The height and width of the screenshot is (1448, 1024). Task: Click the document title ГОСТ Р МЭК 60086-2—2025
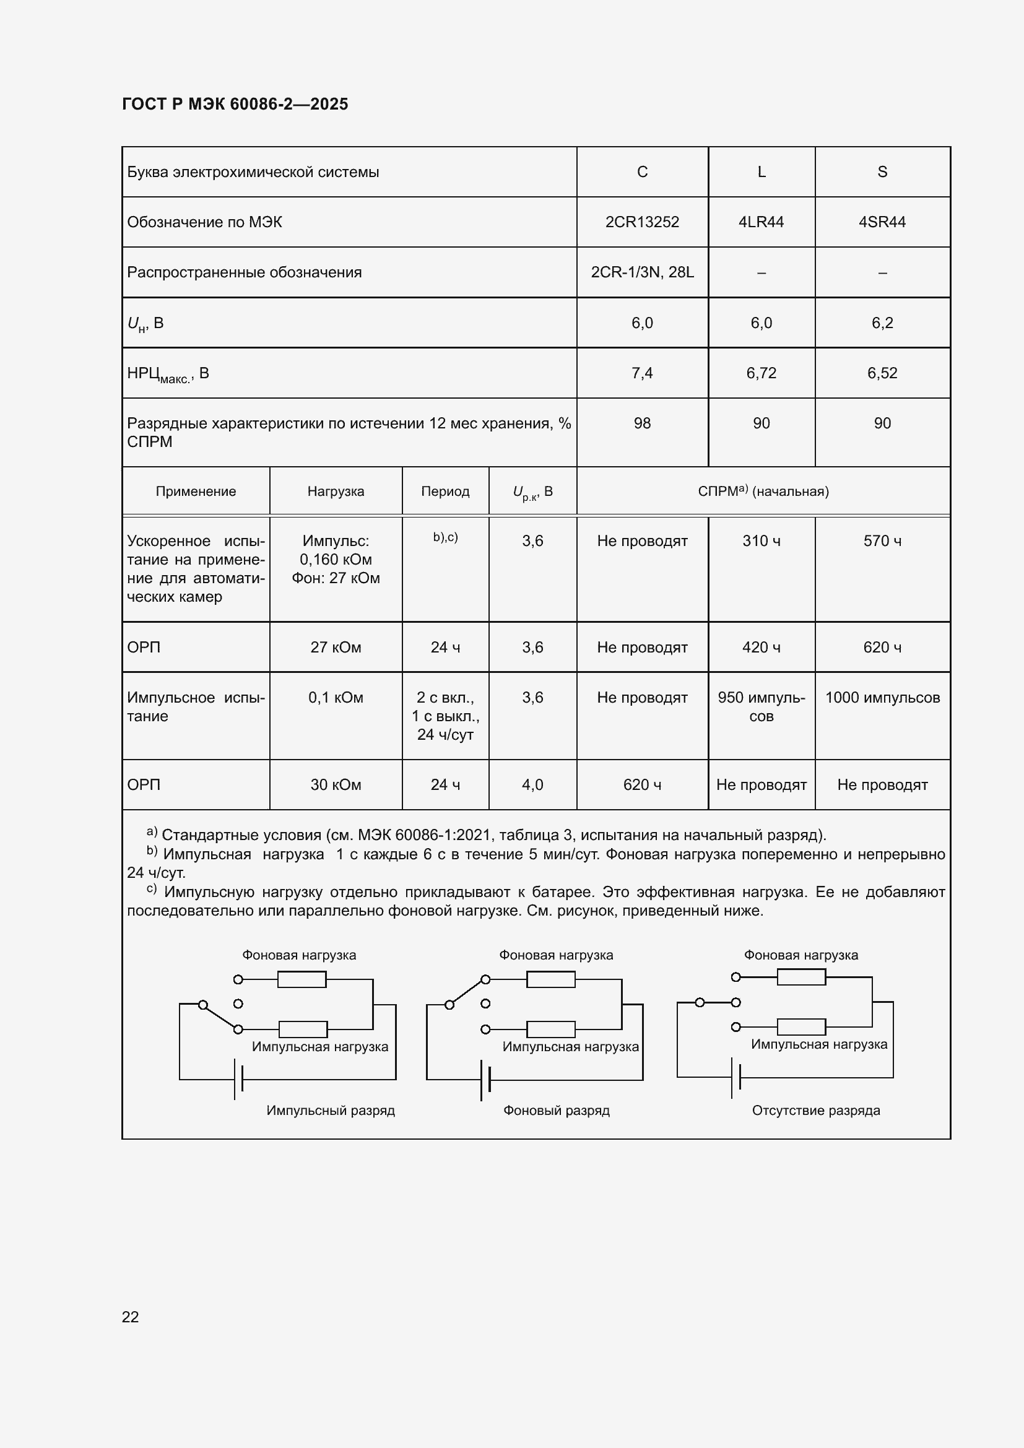[235, 104]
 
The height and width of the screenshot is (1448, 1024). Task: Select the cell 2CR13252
[642, 222]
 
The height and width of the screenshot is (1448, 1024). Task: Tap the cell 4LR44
[761, 222]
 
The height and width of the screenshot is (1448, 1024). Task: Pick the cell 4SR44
[882, 222]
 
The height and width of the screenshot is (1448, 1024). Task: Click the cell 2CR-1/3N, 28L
[642, 272]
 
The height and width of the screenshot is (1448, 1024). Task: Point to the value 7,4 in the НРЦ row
[642, 373]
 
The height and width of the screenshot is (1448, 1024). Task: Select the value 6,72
[761, 373]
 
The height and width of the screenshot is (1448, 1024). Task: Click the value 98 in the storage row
[642, 423]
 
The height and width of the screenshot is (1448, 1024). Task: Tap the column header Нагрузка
[336, 492]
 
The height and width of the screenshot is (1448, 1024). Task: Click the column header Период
[445, 492]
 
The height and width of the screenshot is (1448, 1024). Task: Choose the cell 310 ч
[761, 541]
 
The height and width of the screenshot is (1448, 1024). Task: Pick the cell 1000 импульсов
[882, 698]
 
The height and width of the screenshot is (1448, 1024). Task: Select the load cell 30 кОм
[336, 784]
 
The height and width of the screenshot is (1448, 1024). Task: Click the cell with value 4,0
[532, 784]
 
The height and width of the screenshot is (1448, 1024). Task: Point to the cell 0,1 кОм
[336, 698]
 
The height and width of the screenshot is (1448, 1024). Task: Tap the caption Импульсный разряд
[331, 1110]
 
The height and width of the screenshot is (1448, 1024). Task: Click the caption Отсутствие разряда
[815, 1110]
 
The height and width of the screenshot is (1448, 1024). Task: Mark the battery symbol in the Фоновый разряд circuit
[485, 1080]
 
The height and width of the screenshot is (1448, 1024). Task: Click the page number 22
[130, 1316]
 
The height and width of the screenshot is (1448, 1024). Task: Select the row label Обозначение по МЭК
[204, 222]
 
